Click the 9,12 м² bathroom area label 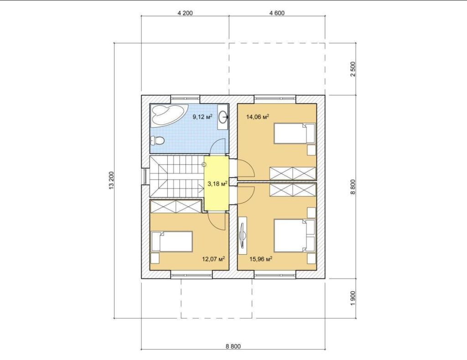tap(202, 117)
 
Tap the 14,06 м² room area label tap(258, 117)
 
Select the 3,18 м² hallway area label tap(218, 184)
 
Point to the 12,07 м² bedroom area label tap(213, 259)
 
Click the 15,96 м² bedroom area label tap(261, 259)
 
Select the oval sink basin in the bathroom tap(223, 117)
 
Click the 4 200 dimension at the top tap(185, 13)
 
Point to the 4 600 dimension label tap(277, 13)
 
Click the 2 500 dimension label tap(353, 69)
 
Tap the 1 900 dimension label tap(353, 298)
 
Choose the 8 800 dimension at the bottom tap(233, 346)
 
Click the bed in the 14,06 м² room tap(294, 133)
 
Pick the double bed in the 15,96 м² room tap(295, 236)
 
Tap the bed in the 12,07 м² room tap(172, 242)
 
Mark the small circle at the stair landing tap(204, 165)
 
